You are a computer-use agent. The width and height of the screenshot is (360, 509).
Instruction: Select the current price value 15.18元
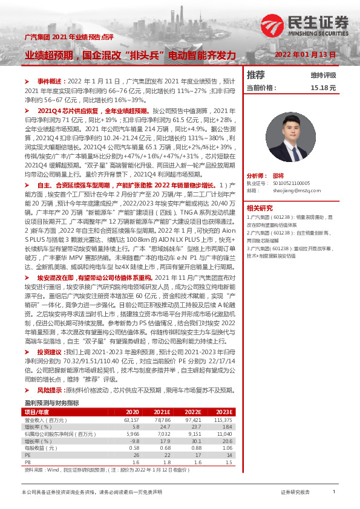322,88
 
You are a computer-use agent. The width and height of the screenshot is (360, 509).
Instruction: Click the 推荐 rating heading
257,75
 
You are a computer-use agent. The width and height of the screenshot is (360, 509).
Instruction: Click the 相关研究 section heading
259,190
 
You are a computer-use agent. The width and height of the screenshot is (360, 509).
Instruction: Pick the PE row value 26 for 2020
136,455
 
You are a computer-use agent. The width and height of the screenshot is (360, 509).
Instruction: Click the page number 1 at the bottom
334,492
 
